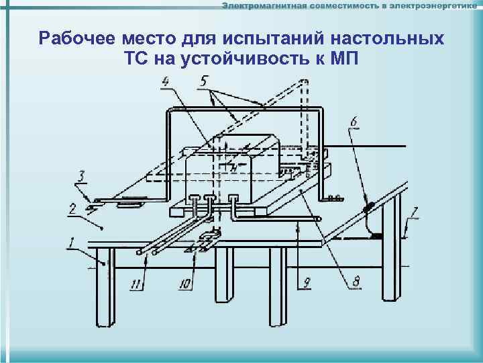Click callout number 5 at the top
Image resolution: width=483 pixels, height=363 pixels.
[x=204, y=82]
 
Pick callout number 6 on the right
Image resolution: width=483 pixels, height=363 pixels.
[x=354, y=122]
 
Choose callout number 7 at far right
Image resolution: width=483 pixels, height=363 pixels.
[x=415, y=214]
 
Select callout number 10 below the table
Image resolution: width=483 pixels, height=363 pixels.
[x=185, y=284]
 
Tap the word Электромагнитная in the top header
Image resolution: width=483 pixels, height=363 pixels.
[x=264, y=6]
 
